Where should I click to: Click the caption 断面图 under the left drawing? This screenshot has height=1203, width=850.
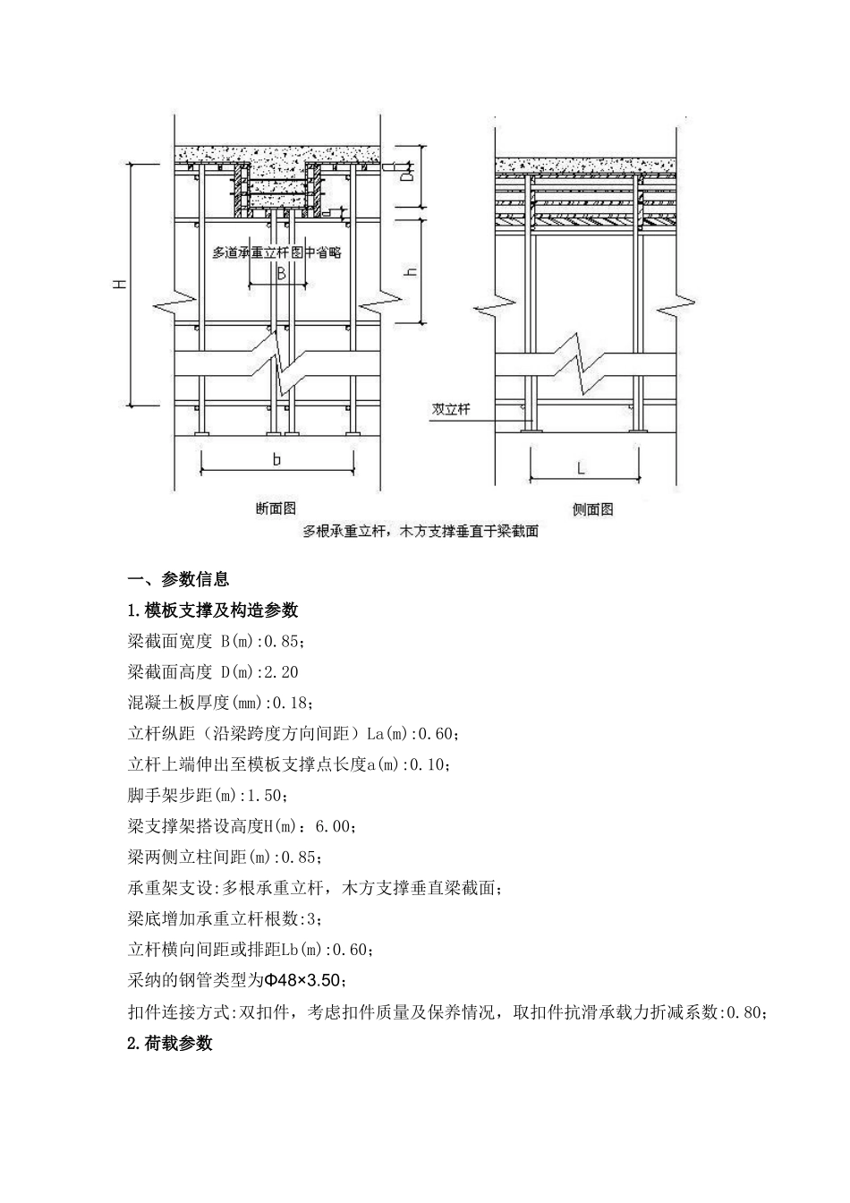click(x=276, y=508)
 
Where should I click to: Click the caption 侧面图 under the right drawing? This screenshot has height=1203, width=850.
click(x=592, y=509)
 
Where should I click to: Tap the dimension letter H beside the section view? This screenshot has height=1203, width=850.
click(x=120, y=284)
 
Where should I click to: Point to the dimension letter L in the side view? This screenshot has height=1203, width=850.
click(x=581, y=468)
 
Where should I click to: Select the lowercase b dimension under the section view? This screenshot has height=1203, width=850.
click(x=276, y=459)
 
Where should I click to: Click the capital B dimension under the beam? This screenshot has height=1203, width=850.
click(x=280, y=274)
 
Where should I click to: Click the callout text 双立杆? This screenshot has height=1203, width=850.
click(x=451, y=408)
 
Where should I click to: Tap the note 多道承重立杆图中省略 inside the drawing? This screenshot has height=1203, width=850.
click(x=276, y=252)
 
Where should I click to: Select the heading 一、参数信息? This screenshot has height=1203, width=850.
click(x=178, y=579)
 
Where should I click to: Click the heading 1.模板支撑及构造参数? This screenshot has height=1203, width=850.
click(x=213, y=610)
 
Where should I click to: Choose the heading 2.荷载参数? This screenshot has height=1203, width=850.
click(x=170, y=1043)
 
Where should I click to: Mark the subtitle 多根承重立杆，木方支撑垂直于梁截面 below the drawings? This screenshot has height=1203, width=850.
click(x=421, y=531)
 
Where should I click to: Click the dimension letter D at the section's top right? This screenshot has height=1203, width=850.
click(x=406, y=176)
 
